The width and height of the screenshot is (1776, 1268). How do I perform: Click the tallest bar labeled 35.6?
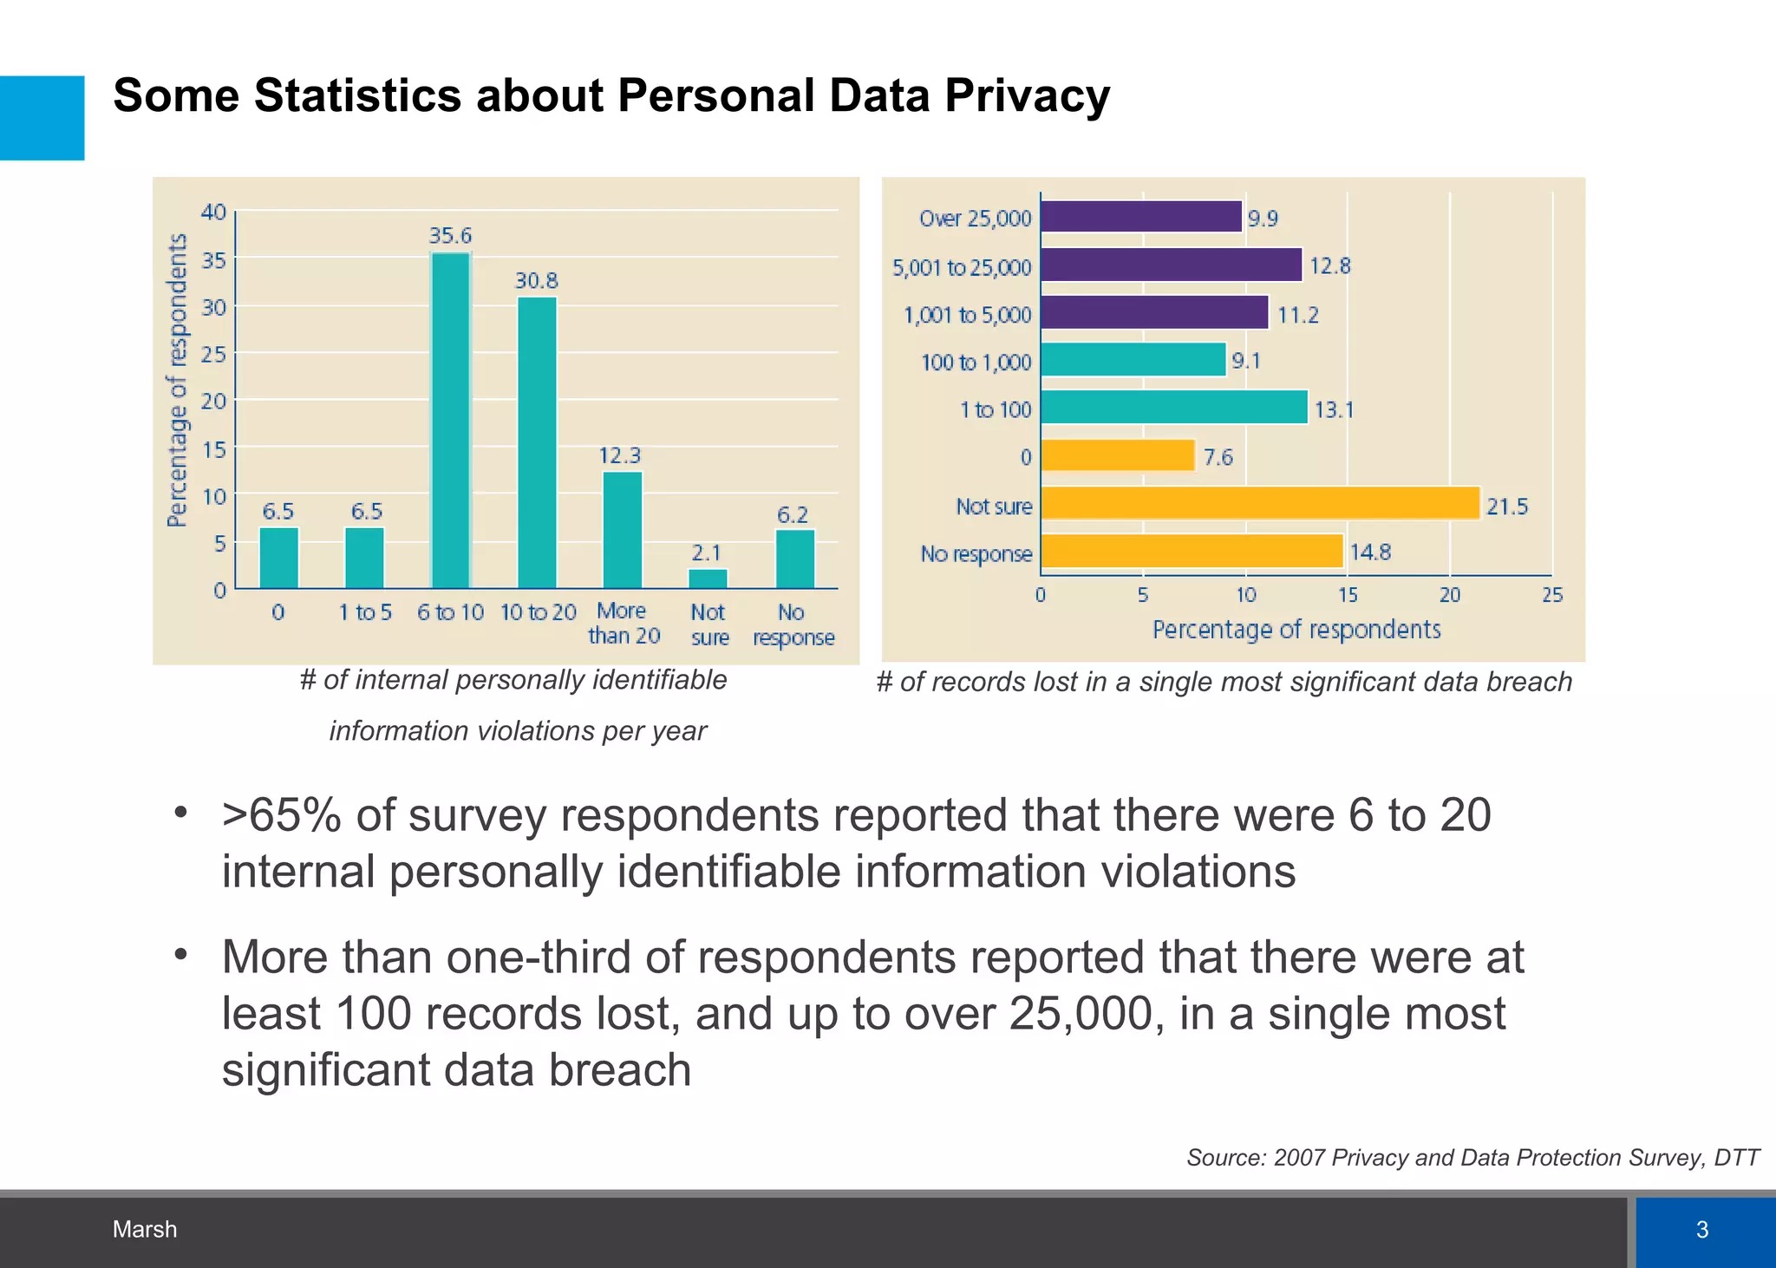(450, 421)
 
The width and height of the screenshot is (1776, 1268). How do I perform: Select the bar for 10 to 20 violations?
(537, 442)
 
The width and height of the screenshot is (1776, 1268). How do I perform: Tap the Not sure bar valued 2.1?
(708, 578)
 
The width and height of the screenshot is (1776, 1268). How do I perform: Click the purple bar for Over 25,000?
(1140, 217)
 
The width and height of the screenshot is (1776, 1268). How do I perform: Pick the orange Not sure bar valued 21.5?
(1259, 503)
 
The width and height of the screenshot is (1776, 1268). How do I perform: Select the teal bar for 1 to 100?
(1173, 407)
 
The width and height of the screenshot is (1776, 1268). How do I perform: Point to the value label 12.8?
(1329, 266)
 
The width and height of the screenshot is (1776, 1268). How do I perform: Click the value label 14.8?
(1369, 552)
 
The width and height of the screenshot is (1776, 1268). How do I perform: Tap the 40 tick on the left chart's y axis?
(213, 212)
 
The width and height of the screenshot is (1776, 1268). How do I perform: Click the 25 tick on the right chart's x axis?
(1552, 595)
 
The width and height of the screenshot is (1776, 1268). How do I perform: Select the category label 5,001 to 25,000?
(962, 267)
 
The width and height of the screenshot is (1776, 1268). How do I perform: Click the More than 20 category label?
(624, 624)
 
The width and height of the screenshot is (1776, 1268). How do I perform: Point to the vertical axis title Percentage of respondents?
(177, 380)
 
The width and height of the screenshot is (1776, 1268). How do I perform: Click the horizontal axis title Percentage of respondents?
(1296, 630)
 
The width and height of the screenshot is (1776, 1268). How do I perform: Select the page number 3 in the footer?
(1701, 1229)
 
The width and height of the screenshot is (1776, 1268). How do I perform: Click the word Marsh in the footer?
(145, 1229)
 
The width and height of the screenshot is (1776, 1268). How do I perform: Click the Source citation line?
(1472, 1158)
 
